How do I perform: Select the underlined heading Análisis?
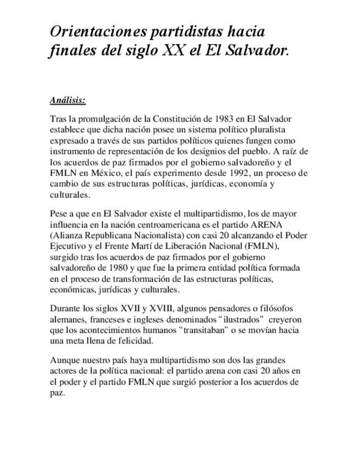68,101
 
